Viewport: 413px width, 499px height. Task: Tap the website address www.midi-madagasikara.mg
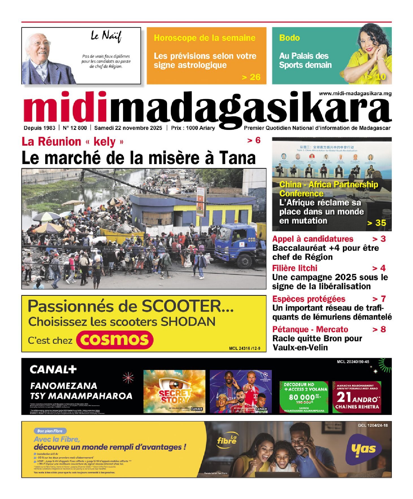[355, 94]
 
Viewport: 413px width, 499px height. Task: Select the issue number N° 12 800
[75, 128]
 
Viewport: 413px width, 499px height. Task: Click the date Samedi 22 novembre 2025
[128, 128]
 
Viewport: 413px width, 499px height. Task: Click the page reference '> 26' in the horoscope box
[251, 77]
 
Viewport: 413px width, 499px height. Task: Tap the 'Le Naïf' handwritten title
[106, 36]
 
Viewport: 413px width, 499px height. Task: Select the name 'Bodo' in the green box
[289, 38]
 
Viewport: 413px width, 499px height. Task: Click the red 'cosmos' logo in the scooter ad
[114, 340]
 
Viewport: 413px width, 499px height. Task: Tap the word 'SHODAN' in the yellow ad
[188, 322]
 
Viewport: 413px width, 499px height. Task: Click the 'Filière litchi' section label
[295, 268]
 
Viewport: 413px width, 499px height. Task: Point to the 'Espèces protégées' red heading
[309, 299]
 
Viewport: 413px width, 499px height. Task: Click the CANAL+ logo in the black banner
[53, 369]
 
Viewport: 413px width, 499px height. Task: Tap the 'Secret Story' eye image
[174, 391]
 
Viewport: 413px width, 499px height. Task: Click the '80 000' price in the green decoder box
[302, 397]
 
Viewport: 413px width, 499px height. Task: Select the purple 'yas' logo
[363, 449]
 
